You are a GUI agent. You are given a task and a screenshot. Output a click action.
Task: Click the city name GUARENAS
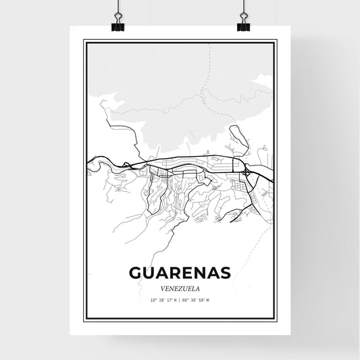point(180,272)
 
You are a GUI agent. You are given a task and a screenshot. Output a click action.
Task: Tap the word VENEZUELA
point(180,286)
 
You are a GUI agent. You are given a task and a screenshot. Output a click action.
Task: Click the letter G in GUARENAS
point(132,272)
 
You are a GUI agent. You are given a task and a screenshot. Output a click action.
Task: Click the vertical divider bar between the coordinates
point(180,299)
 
